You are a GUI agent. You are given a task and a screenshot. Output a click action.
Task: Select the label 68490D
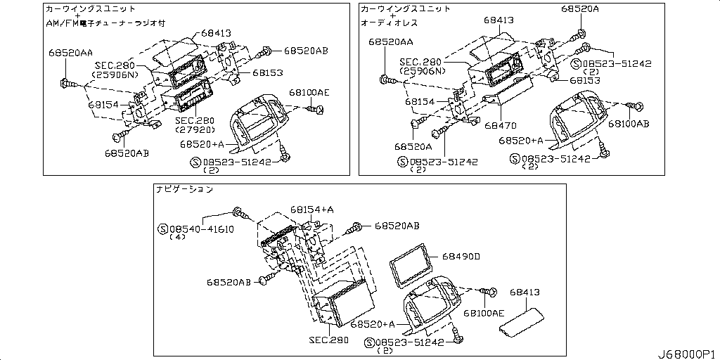pyautogui.click(x=461, y=257)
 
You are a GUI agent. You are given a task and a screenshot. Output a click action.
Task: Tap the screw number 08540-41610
pyautogui.click(x=200, y=229)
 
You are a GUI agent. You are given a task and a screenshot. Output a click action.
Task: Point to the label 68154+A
pyautogui.click(x=311, y=210)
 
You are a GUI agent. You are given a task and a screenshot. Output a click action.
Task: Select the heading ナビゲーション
pyautogui.click(x=184, y=190)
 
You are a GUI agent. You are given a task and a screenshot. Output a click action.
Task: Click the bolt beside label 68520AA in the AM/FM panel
pyautogui.click(x=66, y=83)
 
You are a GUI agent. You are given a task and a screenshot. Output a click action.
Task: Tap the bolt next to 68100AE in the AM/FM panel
pyautogui.click(x=319, y=108)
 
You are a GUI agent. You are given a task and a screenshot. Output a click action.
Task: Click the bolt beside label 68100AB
pyautogui.click(x=637, y=106)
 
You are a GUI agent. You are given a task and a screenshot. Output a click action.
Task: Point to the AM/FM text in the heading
pyautogui.click(x=65, y=22)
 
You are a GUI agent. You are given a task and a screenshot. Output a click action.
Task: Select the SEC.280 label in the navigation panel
pyautogui.click(x=328, y=340)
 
